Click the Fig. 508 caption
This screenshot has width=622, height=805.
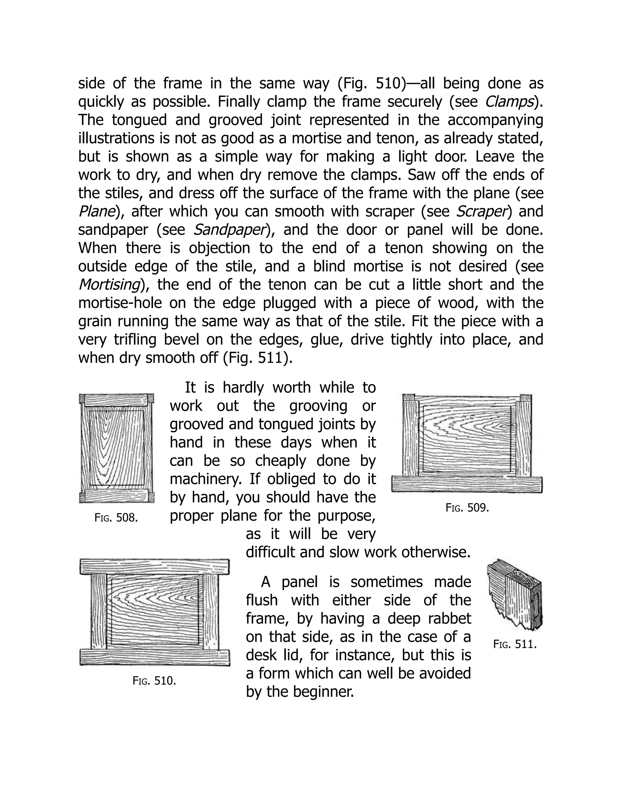(116, 518)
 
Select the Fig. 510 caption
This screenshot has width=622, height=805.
(154, 681)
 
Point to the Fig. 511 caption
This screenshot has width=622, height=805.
(515, 644)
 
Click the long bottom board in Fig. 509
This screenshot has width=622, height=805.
(466, 484)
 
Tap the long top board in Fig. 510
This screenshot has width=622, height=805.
(154, 567)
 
